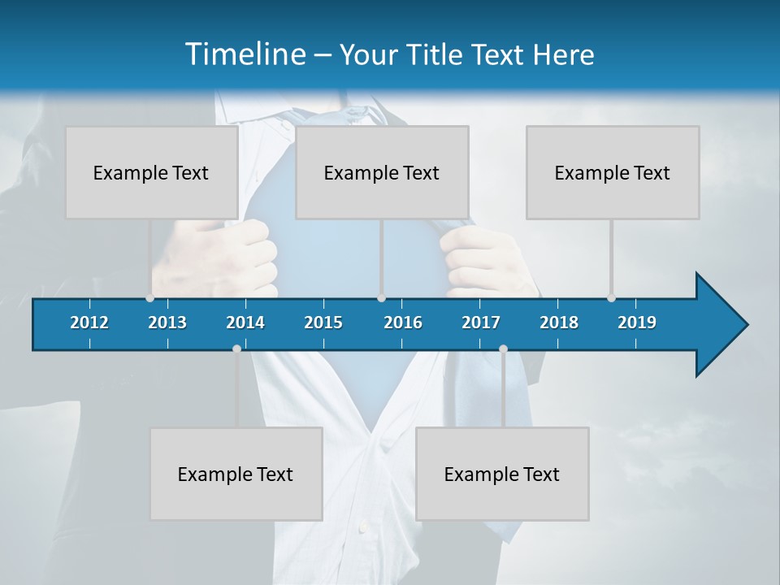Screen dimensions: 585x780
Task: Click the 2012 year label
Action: tap(89, 323)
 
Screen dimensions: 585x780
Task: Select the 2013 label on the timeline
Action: tap(167, 323)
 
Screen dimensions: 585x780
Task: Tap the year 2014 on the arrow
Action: tap(245, 323)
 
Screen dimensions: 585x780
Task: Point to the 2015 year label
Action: tap(323, 323)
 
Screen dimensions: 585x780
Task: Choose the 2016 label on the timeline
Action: tap(403, 323)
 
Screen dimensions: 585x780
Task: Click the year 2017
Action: tap(481, 323)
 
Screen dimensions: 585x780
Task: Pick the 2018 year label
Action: tap(559, 323)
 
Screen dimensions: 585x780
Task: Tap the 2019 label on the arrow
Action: tap(637, 323)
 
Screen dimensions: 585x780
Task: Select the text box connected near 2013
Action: tap(151, 172)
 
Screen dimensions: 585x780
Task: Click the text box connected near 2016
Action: tap(382, 172)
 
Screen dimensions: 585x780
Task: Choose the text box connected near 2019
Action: tap(613, 172)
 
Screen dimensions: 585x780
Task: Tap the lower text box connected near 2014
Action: tap(236, 474)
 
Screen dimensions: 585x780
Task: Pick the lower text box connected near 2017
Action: tap(502, 474)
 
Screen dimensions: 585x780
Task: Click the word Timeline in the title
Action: tap(244, 54)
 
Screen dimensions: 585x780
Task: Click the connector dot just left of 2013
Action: tap(150, 298)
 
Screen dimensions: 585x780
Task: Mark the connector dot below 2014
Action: tap(236, 349)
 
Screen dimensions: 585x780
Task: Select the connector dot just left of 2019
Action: tap(612, 298)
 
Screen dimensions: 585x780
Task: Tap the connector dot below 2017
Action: tap(503, 349)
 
